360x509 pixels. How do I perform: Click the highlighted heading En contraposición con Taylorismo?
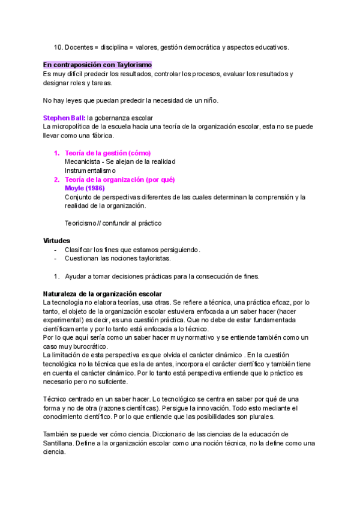[x=97, y=64]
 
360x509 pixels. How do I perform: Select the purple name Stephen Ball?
[x=64, y=118]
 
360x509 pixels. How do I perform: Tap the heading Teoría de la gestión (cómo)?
[x=107, y=153]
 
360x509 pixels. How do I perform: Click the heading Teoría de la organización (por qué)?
[x=119, y=179]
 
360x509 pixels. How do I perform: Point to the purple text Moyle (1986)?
[x=85, y=188]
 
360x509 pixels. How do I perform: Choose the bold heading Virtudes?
[x=56, y=241]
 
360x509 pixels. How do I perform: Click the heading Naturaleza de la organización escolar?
[x=103, y=294]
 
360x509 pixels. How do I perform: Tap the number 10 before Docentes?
[x=59, y=46]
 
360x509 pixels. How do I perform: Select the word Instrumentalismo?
[x=90, y=170]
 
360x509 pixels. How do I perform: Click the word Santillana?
[x=61, y=443]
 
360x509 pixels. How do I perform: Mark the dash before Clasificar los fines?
[x=56, y=250]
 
